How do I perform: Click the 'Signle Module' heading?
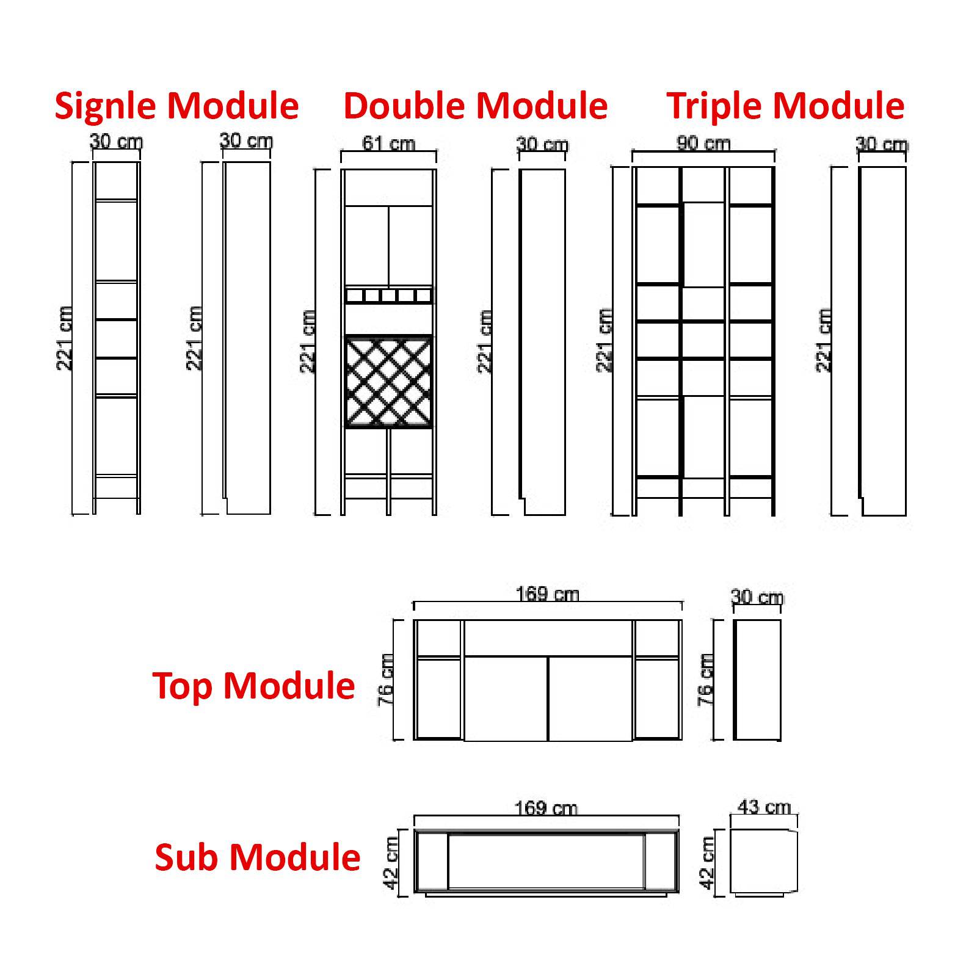176,106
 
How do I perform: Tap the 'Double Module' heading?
475,106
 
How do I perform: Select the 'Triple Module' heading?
785,106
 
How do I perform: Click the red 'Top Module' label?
253,686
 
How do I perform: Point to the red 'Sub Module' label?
257,857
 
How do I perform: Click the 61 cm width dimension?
388,143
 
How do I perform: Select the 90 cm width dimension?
703,143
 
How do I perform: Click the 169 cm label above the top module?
547,594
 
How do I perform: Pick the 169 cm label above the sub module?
545,808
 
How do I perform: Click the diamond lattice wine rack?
388,382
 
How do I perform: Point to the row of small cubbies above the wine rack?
388,296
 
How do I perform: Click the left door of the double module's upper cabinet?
366,244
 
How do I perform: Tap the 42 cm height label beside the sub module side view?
706,862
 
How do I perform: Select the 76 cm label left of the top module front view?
386,680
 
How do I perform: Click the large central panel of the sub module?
546,862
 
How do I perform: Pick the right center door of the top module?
590,699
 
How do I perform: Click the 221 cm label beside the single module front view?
65,338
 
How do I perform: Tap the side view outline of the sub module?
763,862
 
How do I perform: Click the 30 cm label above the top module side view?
757,597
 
